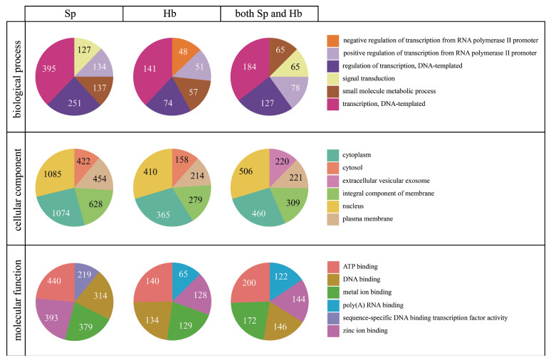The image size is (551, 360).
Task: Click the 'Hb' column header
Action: [172, 13]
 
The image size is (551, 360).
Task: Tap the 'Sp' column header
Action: [74, 13]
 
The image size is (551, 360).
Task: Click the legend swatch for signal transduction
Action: [332, 79]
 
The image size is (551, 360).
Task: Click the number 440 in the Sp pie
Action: [54, 280]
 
